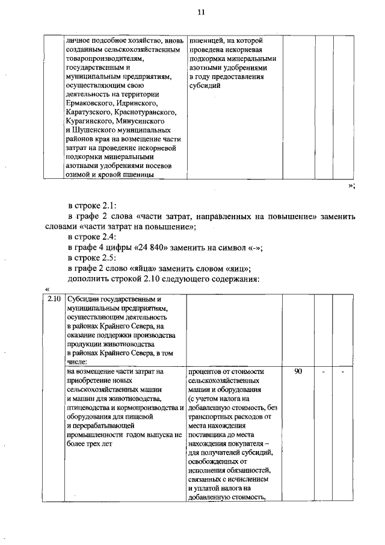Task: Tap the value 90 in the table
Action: point(298,372)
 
